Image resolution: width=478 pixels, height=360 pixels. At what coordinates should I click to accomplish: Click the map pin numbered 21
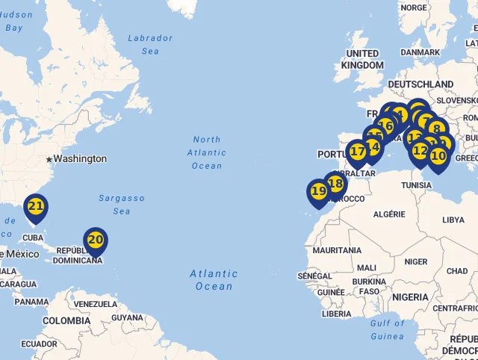[x=35, y=206]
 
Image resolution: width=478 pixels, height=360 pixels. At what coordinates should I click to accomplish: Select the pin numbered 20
[x=95, y=240]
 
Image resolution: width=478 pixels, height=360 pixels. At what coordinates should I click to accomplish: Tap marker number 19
[x=319, y=191]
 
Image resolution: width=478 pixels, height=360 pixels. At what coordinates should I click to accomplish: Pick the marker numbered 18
[x=335, y=183]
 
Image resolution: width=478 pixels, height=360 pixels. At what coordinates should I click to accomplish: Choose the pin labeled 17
[x=358, y=152]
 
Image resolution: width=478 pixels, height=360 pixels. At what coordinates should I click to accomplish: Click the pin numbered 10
[x=438, y=156]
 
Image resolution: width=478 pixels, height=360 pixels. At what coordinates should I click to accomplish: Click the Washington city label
[x=80, y=159]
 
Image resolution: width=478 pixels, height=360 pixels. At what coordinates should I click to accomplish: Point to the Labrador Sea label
[x=150, y=44]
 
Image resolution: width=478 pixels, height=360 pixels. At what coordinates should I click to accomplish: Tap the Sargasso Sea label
[x=122, y=205]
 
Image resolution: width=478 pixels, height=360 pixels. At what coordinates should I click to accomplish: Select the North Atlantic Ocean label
[x=207, y=152]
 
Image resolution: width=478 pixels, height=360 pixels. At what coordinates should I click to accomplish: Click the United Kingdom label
[x=362, y=59]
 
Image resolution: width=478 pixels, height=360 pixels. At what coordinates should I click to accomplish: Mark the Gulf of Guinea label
[x=387, y=329]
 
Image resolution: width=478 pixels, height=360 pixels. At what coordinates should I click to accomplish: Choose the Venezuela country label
[x=96, y=305]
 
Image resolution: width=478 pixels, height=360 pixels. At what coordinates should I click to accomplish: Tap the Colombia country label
[x=66, y=320]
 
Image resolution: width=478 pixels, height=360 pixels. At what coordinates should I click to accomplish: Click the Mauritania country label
[x=338, y=251]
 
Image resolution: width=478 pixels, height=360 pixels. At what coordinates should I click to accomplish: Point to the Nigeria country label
[x=410, y=297]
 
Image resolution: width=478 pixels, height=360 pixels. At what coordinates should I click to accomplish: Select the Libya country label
[x=453, y=220]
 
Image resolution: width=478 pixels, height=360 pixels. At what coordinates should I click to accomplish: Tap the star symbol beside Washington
[x=49, y=159]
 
